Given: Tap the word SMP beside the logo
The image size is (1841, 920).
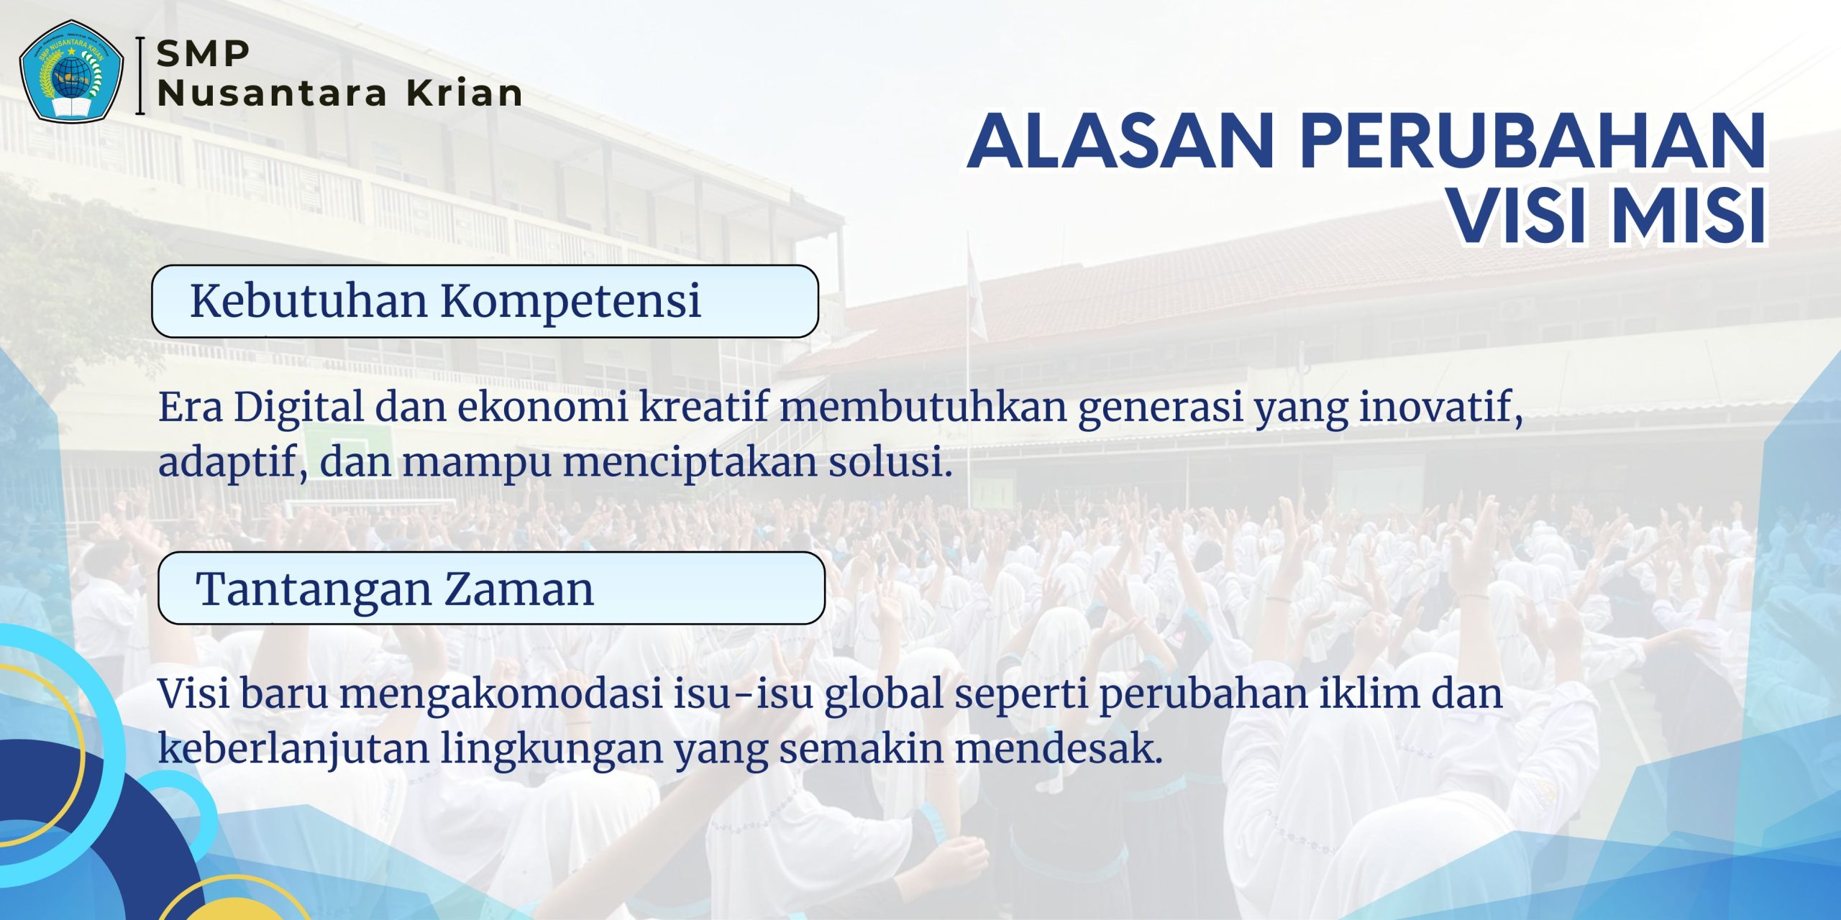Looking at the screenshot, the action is [x=204, y=54].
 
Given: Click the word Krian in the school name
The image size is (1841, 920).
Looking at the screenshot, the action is [x=465, y=93].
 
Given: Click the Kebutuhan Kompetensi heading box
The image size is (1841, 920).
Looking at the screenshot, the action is [x=485, y=301].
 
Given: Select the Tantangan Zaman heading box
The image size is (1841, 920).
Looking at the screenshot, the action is [x=491, y=588].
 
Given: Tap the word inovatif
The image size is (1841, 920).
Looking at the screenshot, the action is [x=1440, y=408].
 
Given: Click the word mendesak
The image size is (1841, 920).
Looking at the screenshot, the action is [x=1059, y=748].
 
